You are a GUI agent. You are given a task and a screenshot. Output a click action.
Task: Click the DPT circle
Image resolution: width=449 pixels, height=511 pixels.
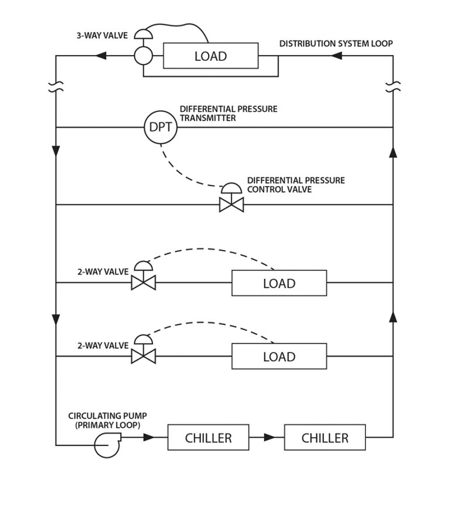coord(160,127)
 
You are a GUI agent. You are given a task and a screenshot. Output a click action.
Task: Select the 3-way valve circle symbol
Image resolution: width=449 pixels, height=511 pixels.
coord(143,56)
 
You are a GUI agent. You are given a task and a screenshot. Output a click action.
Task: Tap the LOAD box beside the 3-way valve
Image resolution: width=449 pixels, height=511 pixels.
coord(210,56)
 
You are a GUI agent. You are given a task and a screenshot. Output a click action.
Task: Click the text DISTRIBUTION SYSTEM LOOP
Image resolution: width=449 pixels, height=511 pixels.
coord(336,44)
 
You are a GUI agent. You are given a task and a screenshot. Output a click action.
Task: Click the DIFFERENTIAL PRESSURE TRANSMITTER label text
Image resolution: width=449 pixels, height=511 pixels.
coord(228,113)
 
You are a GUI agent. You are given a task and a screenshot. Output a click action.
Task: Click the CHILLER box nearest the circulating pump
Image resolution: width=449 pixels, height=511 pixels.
coord(208,437)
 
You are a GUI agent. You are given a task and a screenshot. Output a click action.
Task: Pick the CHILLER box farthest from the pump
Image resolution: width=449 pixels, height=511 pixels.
coord(324,437)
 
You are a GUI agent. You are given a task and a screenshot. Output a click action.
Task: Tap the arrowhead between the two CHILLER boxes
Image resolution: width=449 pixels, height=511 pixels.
coord(270,437)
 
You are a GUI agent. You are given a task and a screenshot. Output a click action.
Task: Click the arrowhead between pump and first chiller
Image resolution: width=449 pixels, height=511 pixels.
coord(149,437)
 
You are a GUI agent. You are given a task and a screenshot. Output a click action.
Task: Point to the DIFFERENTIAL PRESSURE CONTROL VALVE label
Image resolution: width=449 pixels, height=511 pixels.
coord(296,184)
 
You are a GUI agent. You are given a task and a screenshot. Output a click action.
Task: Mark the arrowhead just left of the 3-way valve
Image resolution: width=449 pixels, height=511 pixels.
coord(101,56)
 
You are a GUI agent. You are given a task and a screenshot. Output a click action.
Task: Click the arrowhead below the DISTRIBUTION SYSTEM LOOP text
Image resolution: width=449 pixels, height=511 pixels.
coord(336,56)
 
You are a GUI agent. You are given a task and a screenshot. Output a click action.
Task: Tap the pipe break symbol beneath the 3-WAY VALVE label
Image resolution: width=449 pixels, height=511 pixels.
coord(56,88)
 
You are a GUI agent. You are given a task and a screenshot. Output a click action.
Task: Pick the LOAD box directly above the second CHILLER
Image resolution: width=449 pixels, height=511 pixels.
coord(279,356)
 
